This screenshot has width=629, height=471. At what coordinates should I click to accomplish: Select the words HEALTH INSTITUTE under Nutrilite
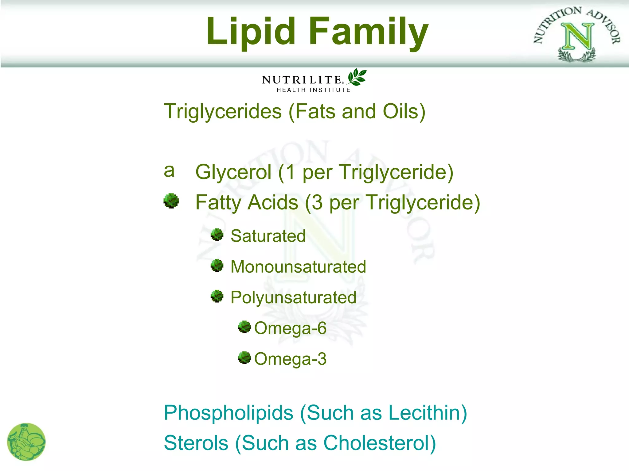pos(313,90)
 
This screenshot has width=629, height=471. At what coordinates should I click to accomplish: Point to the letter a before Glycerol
pos(169,170)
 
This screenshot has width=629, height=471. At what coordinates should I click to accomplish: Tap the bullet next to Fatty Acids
pos(171,201)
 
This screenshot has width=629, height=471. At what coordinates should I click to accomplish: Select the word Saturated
pos(268,236)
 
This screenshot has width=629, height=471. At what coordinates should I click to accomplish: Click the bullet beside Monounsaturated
pos(217,266)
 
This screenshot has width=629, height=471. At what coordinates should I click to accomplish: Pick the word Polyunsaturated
pos(293,297)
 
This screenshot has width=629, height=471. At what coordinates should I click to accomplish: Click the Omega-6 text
pos(290,328)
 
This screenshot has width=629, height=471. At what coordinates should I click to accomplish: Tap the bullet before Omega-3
pos(244,358)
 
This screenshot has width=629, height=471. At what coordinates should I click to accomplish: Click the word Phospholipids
pos(229,413)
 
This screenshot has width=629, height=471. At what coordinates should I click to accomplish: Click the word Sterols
pos(196,443)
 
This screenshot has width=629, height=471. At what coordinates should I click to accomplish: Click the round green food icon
pos(26,442)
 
